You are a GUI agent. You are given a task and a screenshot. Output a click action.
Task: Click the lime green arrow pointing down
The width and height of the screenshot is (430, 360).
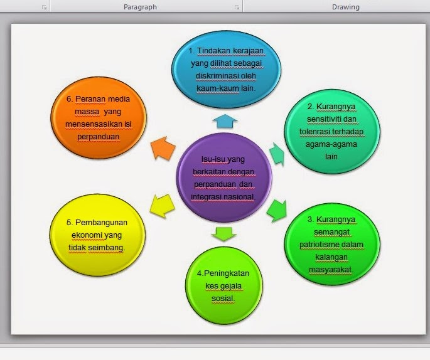pyautogui.click(x=224, y=235)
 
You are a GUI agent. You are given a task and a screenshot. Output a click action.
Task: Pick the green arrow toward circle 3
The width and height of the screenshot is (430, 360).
pyautogui.click(x=276, y=210)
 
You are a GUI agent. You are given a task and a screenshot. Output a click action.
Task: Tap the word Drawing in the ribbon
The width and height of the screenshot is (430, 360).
pyautogui.click(x=345, y=7)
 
